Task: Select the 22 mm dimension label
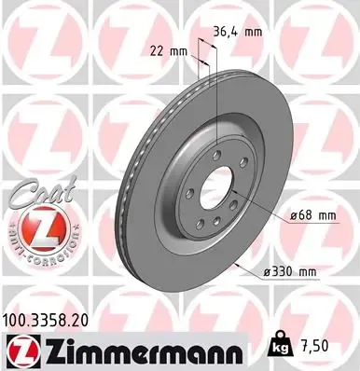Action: [x=165, y=52]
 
